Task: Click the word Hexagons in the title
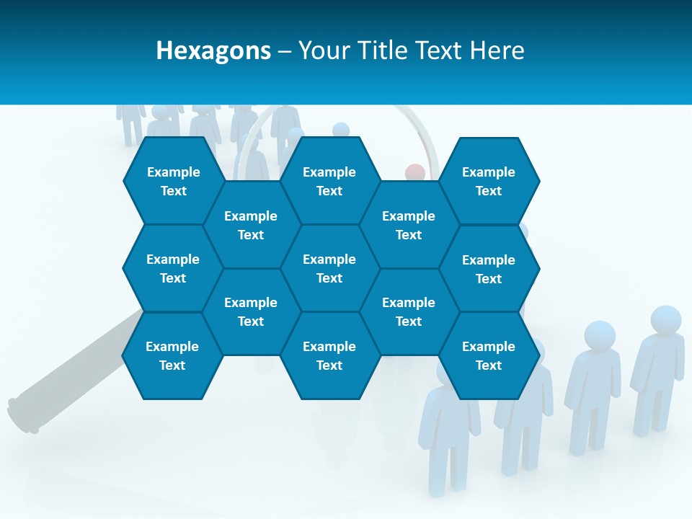coord(213,50)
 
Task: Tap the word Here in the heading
coord(497,50)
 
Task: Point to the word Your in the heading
coord(322,50)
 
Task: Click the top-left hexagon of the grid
coord(173,181)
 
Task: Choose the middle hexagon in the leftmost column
coord(173,268)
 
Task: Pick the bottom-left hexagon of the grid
coord(172,355)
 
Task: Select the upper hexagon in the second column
coord(251,225)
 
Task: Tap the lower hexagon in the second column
coord(251,311)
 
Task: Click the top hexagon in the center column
coord(329,181)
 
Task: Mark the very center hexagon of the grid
coord(329,268)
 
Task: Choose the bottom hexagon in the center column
coord(329,355)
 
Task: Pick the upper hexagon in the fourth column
coord(409,225)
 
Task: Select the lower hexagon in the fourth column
coord(409,311)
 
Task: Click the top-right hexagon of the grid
coord(489,181)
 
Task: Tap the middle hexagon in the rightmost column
coord(489,269)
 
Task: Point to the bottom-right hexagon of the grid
coord(489,355)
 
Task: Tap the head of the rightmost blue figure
coord(665,320)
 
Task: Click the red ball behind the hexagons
coord(415,172)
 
